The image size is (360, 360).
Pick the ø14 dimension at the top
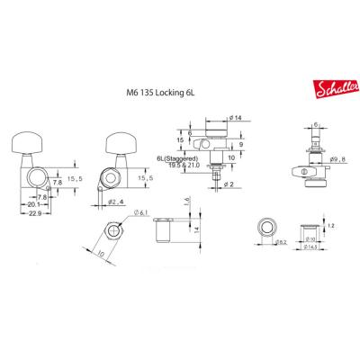[x=237, y=118]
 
